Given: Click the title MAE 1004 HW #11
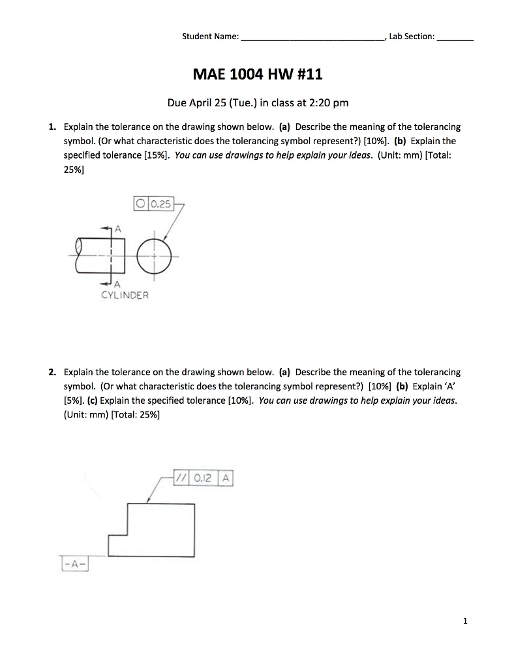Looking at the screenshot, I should pos(258,75).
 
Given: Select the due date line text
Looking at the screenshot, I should pos(258,102).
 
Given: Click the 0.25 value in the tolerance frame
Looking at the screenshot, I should pos(160,205).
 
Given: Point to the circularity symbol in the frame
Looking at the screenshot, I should pos(140,205).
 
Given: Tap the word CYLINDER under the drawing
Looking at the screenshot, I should pos(125,295).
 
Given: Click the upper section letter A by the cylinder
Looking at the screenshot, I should pos(118,228).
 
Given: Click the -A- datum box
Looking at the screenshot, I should pos(74,562).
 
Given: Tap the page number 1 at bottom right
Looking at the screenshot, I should pos(465,621).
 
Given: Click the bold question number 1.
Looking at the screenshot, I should pos(52,127).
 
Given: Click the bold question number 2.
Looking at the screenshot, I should pos(52,372).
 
